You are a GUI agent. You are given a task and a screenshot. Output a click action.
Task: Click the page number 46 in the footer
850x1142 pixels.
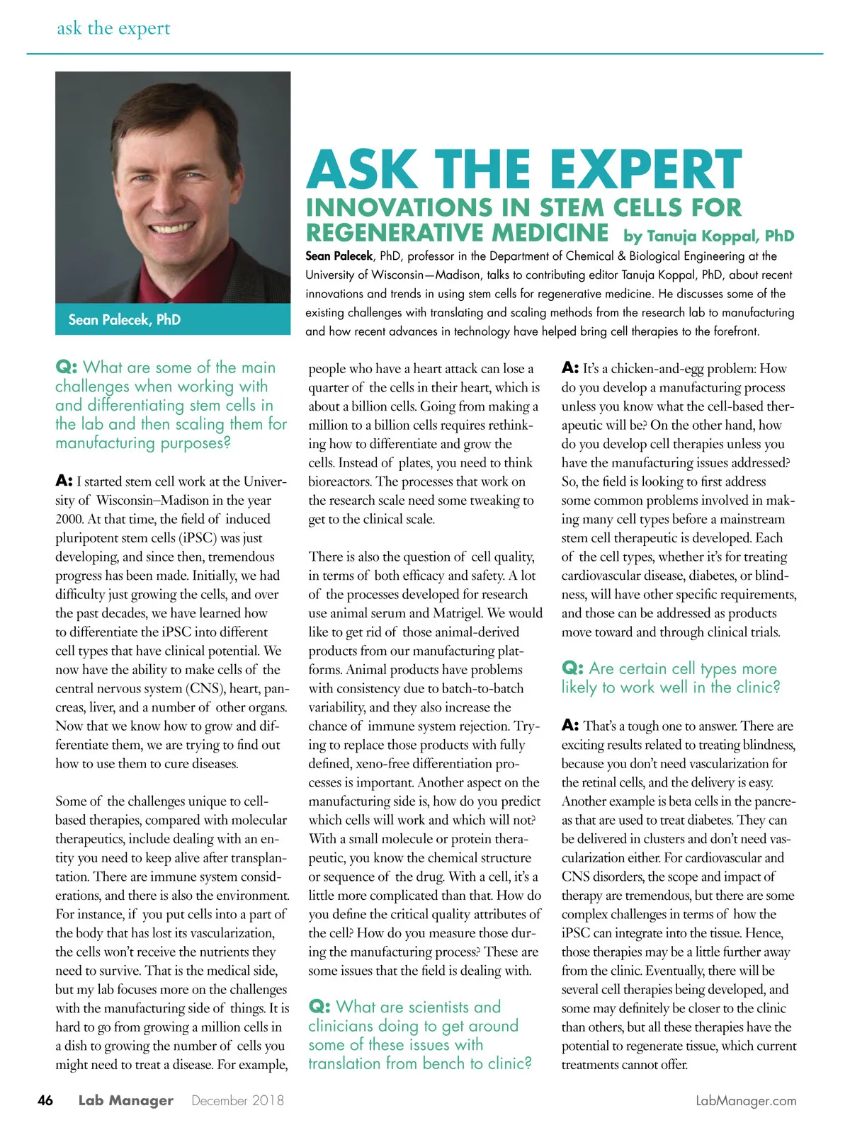45,1100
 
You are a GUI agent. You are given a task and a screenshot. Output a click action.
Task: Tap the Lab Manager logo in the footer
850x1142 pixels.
125,1100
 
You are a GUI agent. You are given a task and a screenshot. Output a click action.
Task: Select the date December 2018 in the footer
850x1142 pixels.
237,1100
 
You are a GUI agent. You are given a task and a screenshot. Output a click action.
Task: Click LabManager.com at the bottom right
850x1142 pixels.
746,1101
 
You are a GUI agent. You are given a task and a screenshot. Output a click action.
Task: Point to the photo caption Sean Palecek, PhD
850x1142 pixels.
124,319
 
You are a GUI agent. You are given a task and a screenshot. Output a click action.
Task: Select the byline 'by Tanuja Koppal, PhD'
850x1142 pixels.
708,236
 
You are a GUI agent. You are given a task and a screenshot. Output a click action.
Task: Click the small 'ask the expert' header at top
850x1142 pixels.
113,28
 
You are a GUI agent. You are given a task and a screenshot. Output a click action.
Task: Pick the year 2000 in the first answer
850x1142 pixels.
69,519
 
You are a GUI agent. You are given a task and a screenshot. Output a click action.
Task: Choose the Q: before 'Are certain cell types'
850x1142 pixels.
572,668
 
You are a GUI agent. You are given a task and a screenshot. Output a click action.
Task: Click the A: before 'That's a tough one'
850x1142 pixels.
570,726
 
